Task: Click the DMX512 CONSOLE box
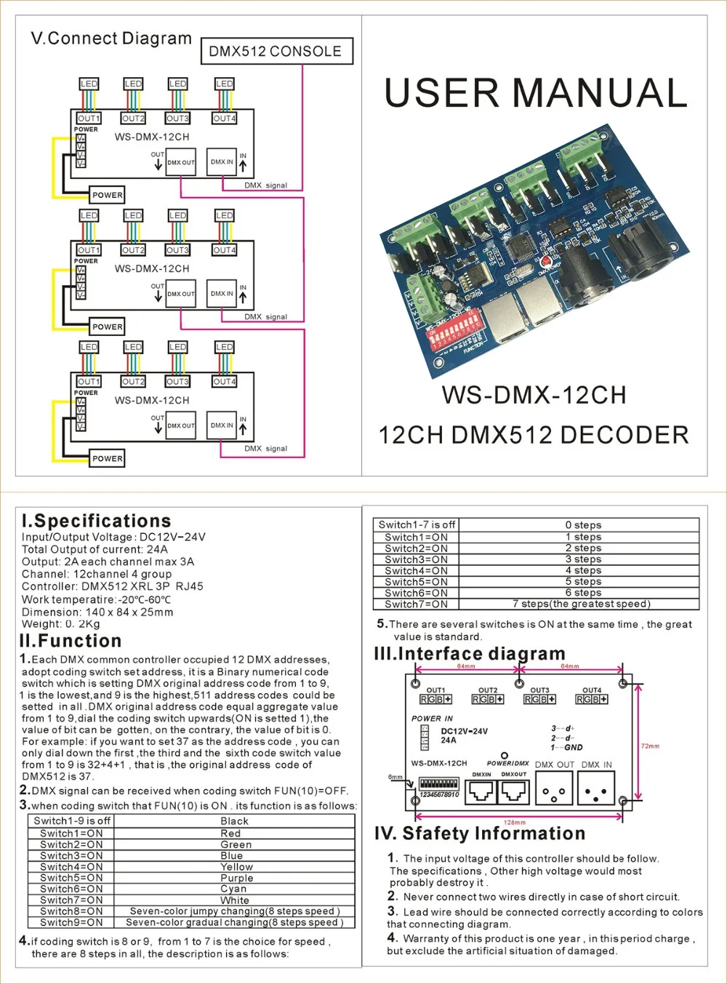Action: point(276,52)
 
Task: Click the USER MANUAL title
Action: point(535,93)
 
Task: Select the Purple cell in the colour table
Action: point(236,878)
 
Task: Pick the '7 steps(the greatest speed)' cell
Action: point(581,604)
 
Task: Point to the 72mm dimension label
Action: point(650,746)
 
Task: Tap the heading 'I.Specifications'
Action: point(97,521)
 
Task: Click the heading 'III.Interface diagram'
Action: point(470,654)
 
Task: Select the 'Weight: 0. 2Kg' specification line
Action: point(61,624)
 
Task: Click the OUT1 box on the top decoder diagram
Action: point(89,119)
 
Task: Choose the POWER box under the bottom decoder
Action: point(108,458)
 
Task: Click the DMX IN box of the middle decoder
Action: point(222,294)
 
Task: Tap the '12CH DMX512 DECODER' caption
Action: point(533,435)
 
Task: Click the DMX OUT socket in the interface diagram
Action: point(555,788)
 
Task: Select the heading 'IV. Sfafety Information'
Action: point(480,833)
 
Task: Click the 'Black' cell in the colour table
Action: point(235,821)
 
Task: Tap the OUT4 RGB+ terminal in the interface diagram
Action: point(592,699)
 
